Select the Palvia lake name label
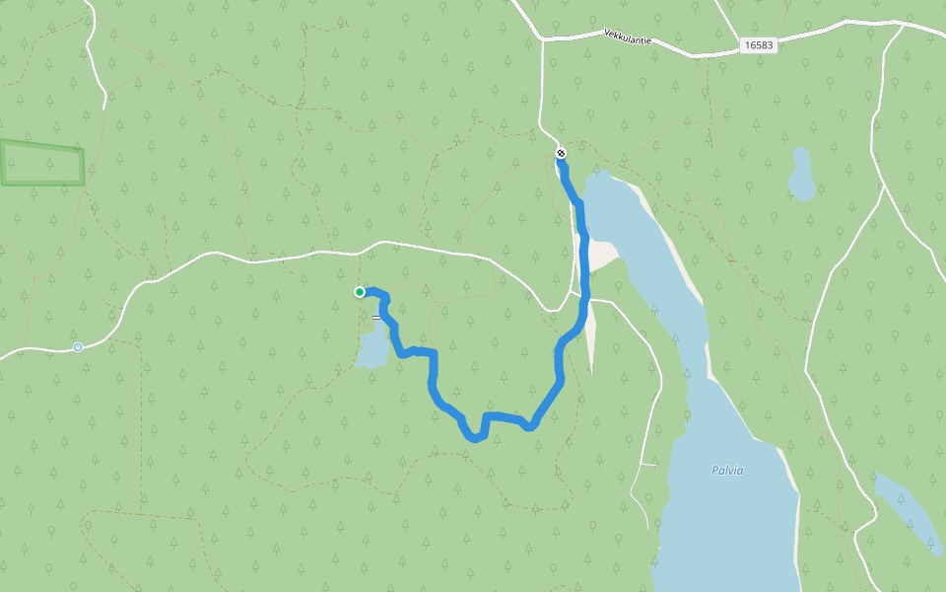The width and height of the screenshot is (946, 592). coord(727,471)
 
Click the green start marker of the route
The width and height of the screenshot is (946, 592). coord(360,291)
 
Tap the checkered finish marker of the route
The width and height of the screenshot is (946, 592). coord(561,152)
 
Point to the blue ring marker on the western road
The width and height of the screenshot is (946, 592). coord(78,347)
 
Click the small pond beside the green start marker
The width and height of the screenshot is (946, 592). coord(372,350)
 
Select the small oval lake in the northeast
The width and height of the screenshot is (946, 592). coord(801,174)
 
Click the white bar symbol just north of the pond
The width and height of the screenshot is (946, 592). coord(376,317)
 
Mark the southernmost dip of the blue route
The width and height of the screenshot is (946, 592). coord(475,437)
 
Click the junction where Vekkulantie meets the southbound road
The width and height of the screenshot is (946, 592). coord(542,39)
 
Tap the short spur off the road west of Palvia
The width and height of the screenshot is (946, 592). coord(646,464)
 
